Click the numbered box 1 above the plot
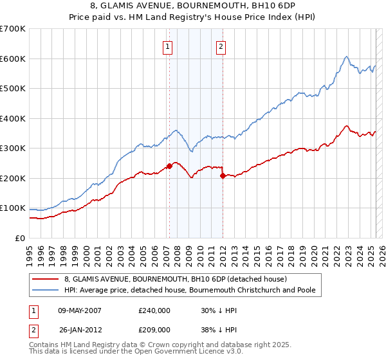[x=167, y=46]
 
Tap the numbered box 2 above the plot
[x=221, y=46]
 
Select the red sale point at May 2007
[x=169, y=166]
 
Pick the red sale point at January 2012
[x=223, y=175]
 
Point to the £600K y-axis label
[x=13, y=59]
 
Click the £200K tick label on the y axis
[x=13, y=178]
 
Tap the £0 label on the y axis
[x=20, y=238]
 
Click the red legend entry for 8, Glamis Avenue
[x=179, y=279]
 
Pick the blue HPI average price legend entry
[x=189, y=291]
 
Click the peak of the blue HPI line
[x=346, y=57]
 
